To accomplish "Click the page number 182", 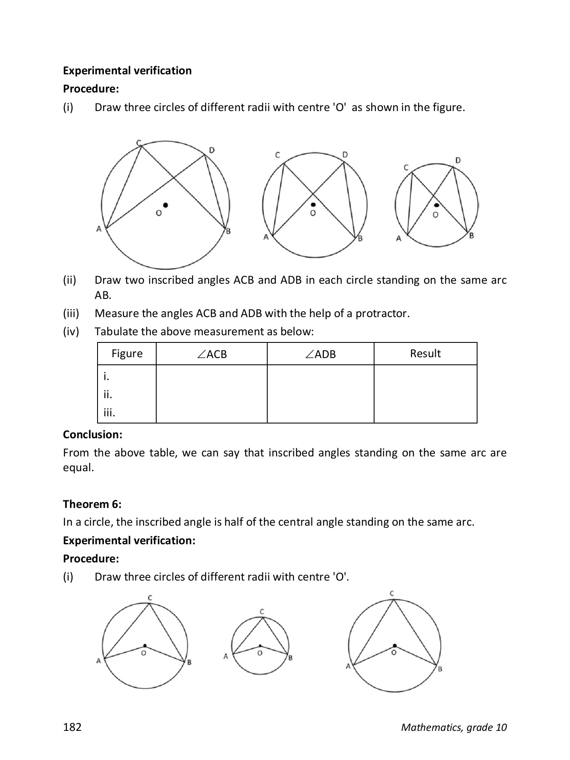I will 72,727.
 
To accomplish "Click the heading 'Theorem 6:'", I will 92,504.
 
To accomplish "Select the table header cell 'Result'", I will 425,353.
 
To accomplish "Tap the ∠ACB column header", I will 212,354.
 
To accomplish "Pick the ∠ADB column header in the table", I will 320,354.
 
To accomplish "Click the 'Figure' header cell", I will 127,353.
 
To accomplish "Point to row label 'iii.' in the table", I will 109,413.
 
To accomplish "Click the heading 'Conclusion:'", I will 92,434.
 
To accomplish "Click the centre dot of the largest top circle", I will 166,205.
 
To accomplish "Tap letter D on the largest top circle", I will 212,150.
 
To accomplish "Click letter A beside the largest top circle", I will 99,229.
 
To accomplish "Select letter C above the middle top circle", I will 277,155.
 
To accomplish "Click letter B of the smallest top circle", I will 472,235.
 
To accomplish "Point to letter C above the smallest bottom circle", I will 262,611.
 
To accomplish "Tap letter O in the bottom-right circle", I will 394,652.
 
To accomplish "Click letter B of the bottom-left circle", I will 189,662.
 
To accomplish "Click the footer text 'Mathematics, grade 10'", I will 453,727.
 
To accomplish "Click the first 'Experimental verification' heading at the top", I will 127,71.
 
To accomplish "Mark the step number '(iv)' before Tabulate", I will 71,331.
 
